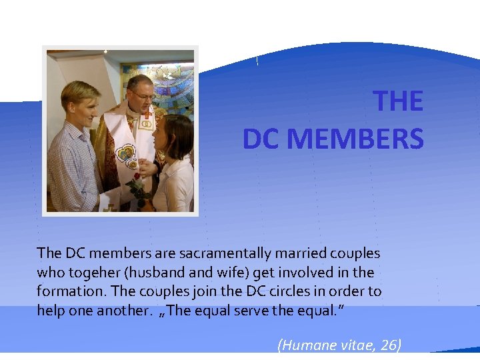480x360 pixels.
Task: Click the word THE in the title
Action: point(398,101)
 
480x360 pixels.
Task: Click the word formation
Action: point(65,291)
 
